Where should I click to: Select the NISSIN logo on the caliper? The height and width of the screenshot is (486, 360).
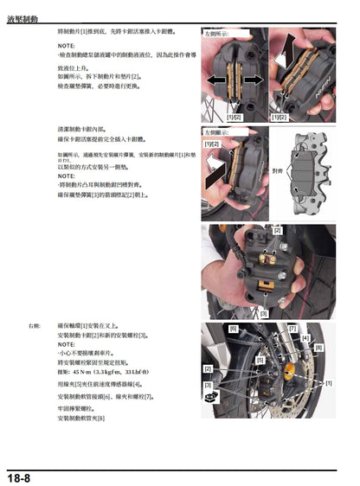[319, 87]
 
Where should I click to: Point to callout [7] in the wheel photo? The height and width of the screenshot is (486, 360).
[292, 329]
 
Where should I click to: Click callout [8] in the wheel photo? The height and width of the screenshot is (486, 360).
[319, 348]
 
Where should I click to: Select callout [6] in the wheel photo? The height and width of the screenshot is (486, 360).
[233, 329]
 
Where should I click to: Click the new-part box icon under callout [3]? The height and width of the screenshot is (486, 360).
[208, 398]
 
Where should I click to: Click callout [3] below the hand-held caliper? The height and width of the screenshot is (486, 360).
[263, 313]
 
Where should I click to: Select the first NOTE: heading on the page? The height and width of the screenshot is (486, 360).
[65, 44]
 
